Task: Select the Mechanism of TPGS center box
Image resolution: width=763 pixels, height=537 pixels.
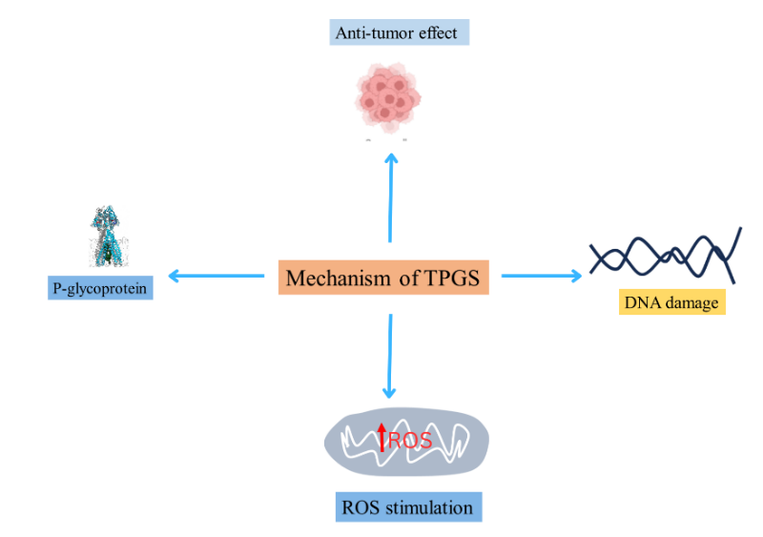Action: tap(382, 279)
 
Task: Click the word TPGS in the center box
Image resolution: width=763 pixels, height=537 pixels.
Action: tap(455, 279)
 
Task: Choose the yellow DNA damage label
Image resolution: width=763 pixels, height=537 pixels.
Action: tap(671, 303)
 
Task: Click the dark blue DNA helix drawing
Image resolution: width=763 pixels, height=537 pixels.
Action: tap(666, 254)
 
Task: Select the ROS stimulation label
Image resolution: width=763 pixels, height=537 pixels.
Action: tap(409, 506)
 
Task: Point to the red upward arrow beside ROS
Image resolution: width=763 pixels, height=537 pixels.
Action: tap(382, 437)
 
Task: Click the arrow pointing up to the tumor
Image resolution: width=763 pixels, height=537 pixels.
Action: tap(390, 191)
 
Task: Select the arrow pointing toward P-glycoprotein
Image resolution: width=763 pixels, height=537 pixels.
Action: tap(216, 277)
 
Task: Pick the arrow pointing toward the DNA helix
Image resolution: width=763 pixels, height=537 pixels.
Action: tap(540, 277)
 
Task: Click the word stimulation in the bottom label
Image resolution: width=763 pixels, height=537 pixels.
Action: tap(430, 506)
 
